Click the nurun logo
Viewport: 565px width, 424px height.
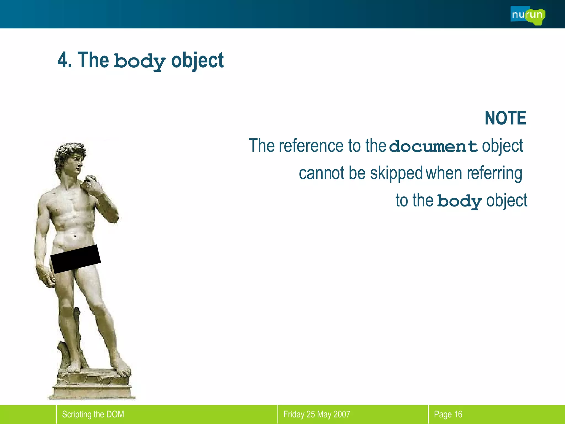coord(527,15)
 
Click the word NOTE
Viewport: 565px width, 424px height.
coord(505,118)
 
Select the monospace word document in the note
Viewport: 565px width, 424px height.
coord(434,146)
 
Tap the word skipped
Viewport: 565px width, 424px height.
coord(396,173)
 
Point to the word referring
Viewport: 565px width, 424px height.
coord(494,173)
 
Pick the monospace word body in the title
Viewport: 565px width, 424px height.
coord(140,61)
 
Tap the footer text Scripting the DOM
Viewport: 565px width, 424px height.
coord(93,414)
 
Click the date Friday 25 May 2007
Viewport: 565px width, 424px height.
coord(317,414)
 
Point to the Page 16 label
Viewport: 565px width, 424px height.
coord(448,414)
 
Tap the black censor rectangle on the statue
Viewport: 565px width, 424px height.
coord(76,259)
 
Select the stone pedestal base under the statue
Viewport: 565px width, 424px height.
coord(92,389)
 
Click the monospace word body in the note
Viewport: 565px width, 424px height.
coord(460,201)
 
